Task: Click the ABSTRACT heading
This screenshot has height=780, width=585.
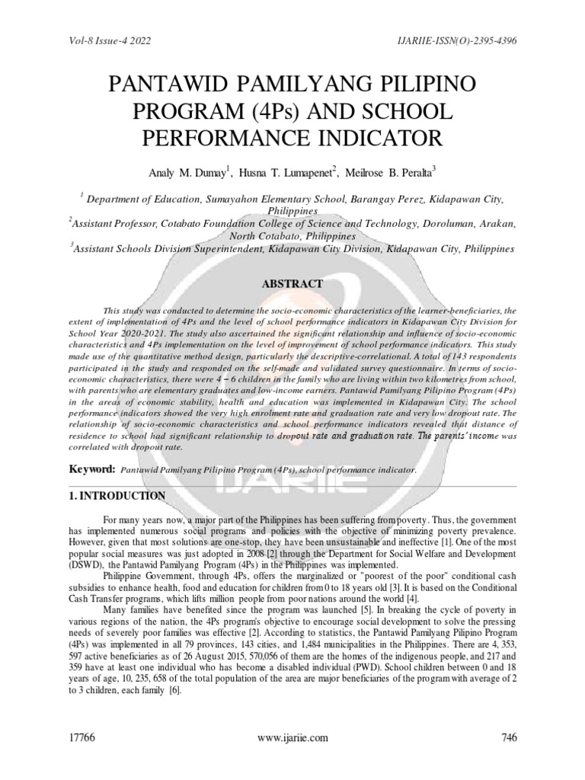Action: (292, 283)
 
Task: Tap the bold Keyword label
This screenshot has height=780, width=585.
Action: (93, 469)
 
